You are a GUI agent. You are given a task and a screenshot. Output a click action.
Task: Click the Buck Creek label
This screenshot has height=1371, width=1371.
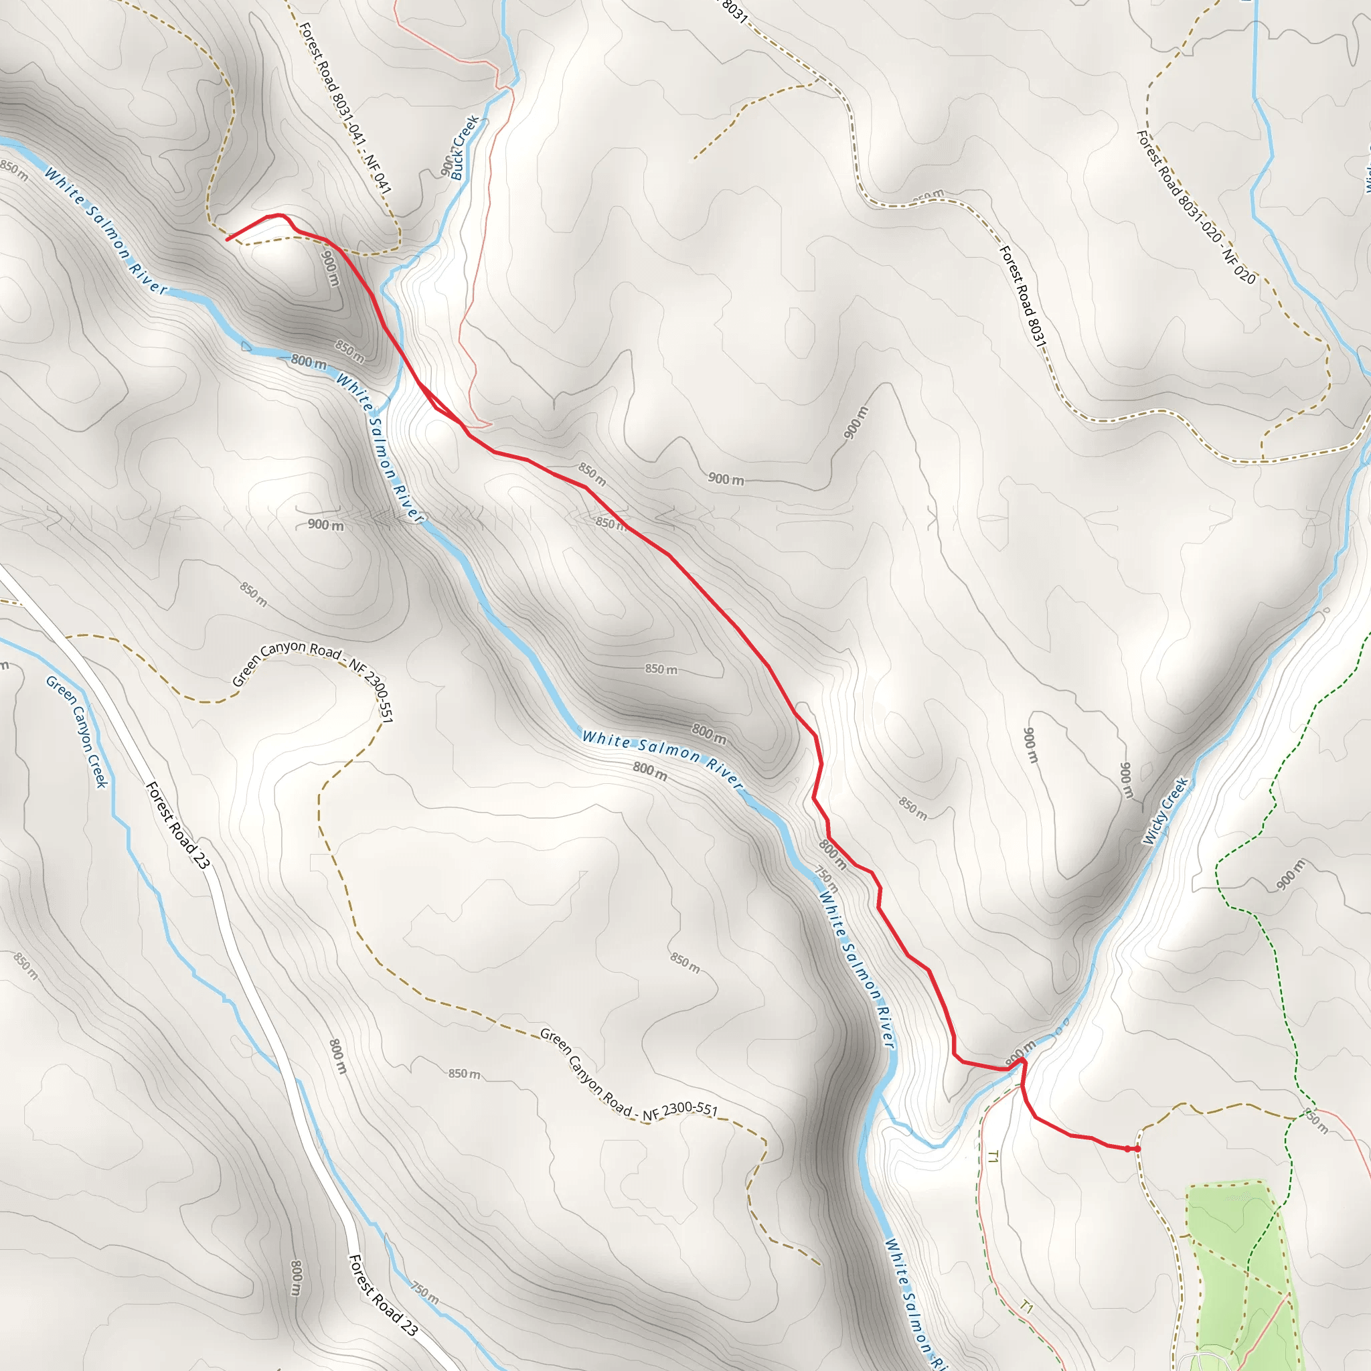coord(465,147)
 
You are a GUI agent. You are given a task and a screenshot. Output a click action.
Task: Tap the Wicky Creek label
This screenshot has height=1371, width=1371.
coord(1165,811)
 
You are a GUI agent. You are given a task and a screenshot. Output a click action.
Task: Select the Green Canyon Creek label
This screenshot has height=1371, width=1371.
coord(76,732)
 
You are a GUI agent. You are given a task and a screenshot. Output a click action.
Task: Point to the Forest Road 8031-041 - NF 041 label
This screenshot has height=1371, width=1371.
coord(345,108)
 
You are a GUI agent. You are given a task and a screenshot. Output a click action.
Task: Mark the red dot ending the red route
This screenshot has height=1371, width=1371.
coord(1137,1148)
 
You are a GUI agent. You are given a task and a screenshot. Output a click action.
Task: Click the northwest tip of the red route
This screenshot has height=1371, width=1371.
coord(227,240)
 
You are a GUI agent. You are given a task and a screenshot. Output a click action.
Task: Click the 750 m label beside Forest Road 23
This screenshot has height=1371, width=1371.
coord(424,1293)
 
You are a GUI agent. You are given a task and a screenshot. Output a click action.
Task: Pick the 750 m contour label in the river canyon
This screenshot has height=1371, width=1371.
coord(826,880)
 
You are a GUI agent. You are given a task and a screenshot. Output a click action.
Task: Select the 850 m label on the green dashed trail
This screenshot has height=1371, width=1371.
coord(1316,1121)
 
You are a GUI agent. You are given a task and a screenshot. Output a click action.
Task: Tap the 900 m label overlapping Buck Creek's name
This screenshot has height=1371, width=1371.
coord(447,165)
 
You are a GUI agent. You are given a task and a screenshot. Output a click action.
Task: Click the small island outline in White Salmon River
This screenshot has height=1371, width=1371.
coord(246,346)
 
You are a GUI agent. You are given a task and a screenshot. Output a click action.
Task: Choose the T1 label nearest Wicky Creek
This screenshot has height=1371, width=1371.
coord(992,1157)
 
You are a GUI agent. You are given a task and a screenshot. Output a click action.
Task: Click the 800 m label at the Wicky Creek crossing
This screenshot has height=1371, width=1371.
coord(1020,1051)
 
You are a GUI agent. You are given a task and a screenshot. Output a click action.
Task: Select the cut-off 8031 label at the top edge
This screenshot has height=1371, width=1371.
coord(734,11)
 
